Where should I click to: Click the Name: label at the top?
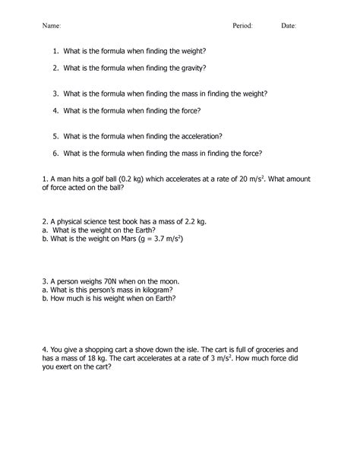pyautogui.click(x=52, y=25)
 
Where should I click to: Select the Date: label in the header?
pyautogui.click(x=289, y=25)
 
